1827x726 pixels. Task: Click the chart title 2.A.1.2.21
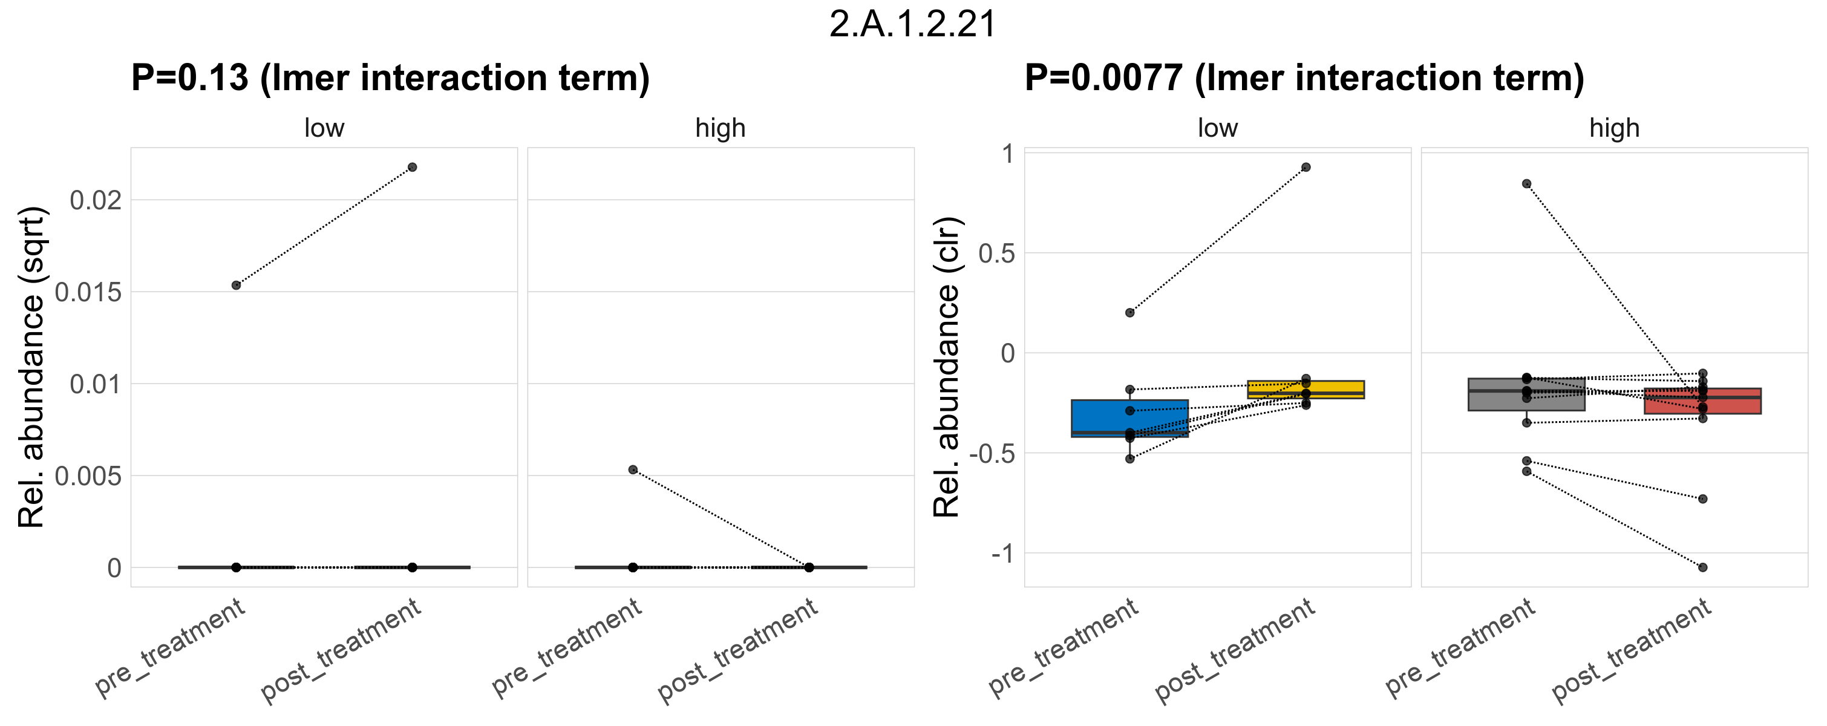[913, 24]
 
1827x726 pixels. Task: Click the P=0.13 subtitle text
[390, 78]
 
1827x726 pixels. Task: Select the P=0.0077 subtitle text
[1304, 78]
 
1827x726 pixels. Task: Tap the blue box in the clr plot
[1129, 418]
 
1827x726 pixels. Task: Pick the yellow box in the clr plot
[1305, 389]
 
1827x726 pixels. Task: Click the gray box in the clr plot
[1526, 394]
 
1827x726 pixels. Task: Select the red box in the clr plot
[1702, 401]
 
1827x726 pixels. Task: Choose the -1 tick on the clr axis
[1003, 554]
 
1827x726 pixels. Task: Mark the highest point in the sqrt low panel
[412, 168]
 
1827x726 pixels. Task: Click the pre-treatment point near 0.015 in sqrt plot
[236, 285]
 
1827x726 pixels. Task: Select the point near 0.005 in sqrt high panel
[633, 469]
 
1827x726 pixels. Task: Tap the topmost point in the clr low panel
[1306, 168]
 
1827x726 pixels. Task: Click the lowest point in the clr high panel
[1702, 567]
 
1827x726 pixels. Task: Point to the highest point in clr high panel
[1526, 184]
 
